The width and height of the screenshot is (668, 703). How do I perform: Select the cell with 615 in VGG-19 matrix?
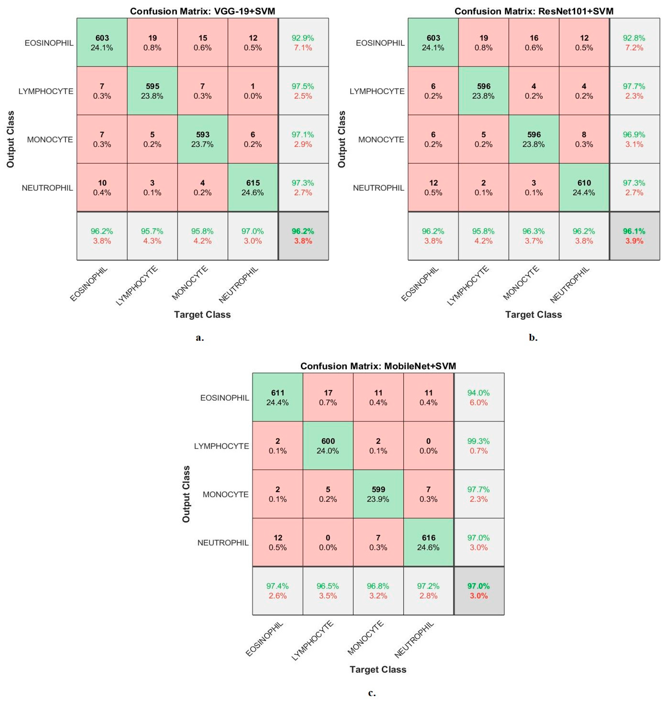point(253,188)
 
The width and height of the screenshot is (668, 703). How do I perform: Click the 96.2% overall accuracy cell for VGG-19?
point(303,236)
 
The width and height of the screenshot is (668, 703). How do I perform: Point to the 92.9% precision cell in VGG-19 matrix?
point(303,43)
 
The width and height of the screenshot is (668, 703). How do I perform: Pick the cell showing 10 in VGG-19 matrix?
point(102,188)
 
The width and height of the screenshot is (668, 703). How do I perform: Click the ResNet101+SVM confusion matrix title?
point(534,11)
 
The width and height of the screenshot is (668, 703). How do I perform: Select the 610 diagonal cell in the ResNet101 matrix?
point(584,188)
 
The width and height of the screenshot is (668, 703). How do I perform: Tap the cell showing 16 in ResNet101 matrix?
point(534,43)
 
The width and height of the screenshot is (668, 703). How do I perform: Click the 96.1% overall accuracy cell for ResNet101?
point(634,236)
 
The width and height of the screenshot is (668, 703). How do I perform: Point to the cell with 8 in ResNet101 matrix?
point(584,139)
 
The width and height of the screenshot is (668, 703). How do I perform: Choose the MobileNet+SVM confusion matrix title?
point(378,366)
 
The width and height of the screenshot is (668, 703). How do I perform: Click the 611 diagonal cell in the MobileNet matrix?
point(278,398)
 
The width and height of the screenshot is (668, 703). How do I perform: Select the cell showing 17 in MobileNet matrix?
point(328,398)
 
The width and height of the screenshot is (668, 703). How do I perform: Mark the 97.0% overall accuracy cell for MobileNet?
point(479,591)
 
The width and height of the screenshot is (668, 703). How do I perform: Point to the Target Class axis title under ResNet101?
point(533,315)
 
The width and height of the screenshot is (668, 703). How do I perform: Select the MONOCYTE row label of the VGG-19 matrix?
point(50,140)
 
